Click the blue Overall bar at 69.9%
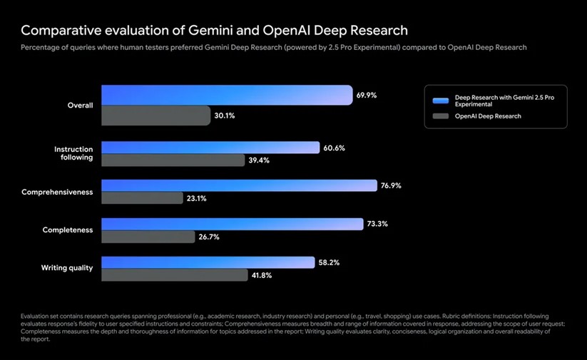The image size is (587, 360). click(227, 95)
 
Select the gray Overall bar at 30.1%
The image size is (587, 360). click(155, 115)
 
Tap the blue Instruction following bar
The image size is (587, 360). click(210, 148)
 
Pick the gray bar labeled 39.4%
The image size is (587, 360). click(173, 160)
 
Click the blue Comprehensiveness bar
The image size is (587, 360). click(239, 185)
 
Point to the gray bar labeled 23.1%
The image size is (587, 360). click(142, 198)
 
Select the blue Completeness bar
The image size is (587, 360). click(233, 224)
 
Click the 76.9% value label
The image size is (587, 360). click(391, 185)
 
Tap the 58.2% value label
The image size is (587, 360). click(329, 262)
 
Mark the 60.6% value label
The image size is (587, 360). click(334, 148)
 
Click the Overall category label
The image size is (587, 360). click(80, 106)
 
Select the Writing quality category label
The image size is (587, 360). click(66, 268)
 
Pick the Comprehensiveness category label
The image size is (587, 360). click(57, 192)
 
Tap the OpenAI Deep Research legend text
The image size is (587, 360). click(488, 116)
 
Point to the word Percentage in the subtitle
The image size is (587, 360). click(43, 47)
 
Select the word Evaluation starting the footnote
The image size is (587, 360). click(38, 316)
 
